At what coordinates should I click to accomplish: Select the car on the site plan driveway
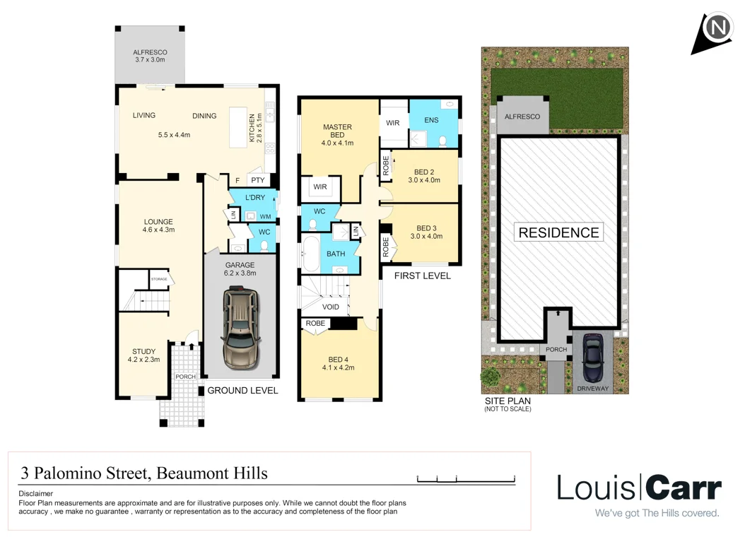click(x=592, y=358)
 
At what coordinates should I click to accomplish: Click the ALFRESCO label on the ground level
click(x=149, y=52)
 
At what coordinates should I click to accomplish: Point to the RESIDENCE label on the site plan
click(x=558, y=232)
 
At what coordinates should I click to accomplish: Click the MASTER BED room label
click(x=337, y=131)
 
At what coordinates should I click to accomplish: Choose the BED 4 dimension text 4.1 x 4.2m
click(x=337, y=367)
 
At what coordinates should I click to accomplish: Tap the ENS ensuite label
click(x=431, y=121)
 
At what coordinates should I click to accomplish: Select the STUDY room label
click(x=143, y=351)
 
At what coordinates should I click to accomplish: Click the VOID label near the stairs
click(x=330, y=307)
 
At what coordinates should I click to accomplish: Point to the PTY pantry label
click(x=257, y=180)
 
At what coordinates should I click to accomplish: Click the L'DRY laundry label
click(x=254, y=198)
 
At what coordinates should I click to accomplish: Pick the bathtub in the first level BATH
click(x=312, y=255)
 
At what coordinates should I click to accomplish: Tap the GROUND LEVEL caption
click(x=242, y=390)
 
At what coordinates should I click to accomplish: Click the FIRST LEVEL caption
click(x=422, y=276)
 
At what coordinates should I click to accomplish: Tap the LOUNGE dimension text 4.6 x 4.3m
click(x=158, y=230)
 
